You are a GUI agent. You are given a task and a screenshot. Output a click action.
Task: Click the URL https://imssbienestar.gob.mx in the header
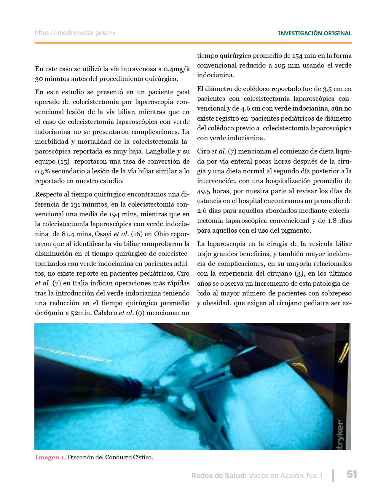(x=75, y=33)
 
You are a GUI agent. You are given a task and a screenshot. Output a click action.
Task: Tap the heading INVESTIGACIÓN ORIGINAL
(x=315, y=33)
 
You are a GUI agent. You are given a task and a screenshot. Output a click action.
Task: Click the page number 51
(x=352, y=474)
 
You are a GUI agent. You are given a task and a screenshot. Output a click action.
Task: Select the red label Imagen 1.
(x=50, y=457)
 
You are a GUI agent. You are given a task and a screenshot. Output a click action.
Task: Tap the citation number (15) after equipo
(x=63, y=162)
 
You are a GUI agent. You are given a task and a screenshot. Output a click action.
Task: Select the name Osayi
(x=103, y=234)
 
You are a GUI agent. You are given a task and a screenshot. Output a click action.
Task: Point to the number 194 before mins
(x=114, y=214)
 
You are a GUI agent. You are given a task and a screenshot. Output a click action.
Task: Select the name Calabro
(x=105, y=313)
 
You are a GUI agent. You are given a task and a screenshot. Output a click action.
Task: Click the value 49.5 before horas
(x=204, y=191)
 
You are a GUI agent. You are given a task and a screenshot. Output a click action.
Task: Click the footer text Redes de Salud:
(x=219, y=476)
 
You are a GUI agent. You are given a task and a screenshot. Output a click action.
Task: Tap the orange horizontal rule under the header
(x=193, y=43)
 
